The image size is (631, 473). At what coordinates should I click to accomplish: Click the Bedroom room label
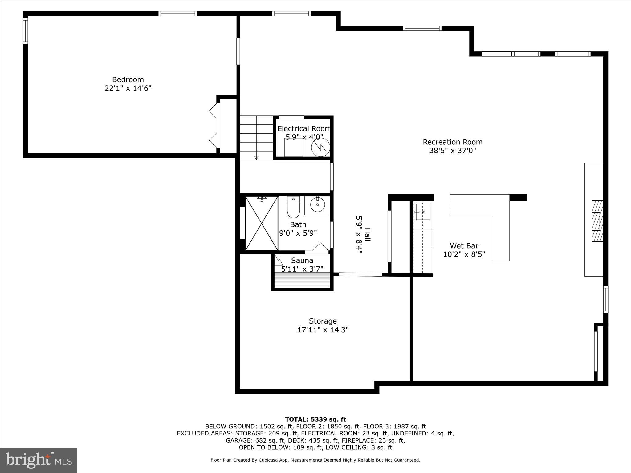pyautogui.click(x=128, y=79)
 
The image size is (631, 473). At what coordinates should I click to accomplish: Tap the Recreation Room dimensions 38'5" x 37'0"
pyautogui.click(x=452, y=151)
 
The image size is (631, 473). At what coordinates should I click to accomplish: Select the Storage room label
pyautogui.click(x=323, y=321)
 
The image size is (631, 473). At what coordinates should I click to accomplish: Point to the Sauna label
pyautogui.click(x=302, y=261)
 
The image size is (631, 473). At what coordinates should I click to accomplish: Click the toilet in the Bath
pyautogui.click(x=293, y=207)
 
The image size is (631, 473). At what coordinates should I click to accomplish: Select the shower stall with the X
pyautogui.click(x=262, y=223)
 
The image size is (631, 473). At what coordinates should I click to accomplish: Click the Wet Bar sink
pyautogui.click(x=423, y=212)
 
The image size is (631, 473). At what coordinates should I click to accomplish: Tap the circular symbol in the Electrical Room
pyautogui.click(x=320, y=148)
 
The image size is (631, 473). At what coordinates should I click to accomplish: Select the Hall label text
pyautogui.click(x=367, y=235)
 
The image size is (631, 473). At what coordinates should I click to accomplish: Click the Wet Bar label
pyautogui.click(x=464, y=246)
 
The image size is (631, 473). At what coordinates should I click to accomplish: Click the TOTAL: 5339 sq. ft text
pyautogui.click(x=315, y=419)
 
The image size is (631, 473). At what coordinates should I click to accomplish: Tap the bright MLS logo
pyautogui.click(x=39, y=460)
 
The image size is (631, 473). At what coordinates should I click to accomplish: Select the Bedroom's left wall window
pyautogui.click(x=25, y=31)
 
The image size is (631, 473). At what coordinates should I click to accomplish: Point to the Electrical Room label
pyautogui.click(x=303, y=129)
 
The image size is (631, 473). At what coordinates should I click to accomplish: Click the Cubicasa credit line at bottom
pyautogui.click(x=315, y=460)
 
